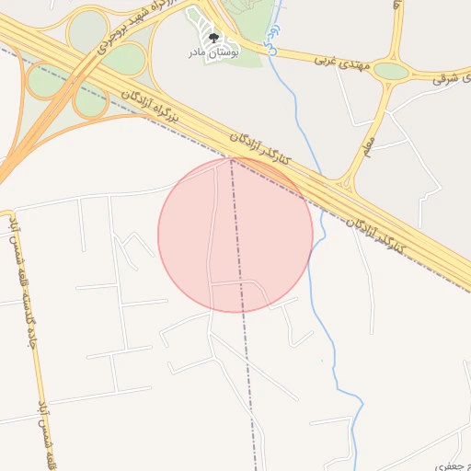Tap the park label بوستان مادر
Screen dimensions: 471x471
[x=213, y=52]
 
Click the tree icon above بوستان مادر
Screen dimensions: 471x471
[x=213, y=38]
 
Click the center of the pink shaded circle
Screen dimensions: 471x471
[x=235, y=235]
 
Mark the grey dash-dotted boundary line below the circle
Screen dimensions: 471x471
[x=248, y=368]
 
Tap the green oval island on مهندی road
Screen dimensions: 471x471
[x=391, y=71]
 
